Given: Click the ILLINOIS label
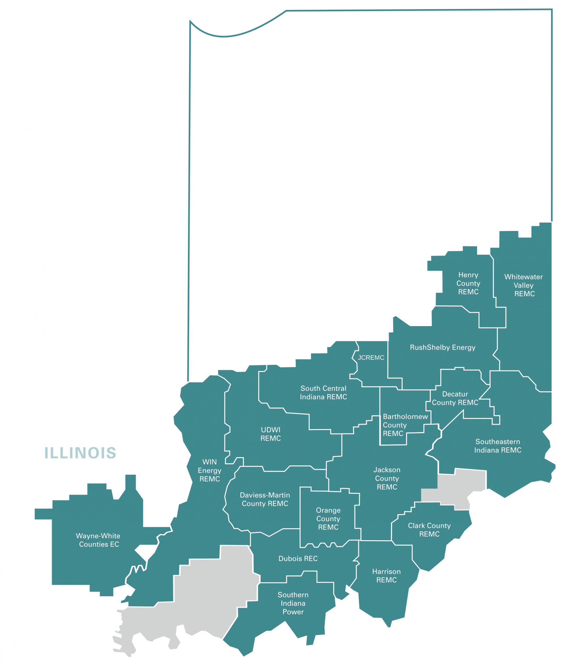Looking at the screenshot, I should (x=80, y=453).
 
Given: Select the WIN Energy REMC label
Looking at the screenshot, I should (x=210, y=470).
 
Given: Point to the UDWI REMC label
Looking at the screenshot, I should (x=270, y=434).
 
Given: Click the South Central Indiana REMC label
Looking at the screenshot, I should (x=323, y=392).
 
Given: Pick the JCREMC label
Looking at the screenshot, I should (x=371, y=358).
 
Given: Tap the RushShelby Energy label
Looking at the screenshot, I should (x=442, y=348).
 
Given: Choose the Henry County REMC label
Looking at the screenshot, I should (x=468, y=283).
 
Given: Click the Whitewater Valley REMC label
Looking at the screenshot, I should (x=523, y=285).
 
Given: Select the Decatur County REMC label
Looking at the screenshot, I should (x=455, y=398).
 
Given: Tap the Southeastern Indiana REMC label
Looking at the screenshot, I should (x=498, y=446).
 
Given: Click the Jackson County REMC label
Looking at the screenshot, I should (x=387, y=479).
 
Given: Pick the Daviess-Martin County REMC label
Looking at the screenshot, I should (x=265, y=499).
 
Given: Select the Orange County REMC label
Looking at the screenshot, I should (x=328, y=519).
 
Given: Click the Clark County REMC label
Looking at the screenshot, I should (x=429, y=530).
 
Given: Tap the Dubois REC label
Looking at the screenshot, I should (x=298, y=558).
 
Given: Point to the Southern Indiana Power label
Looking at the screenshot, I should (x=293, y=603).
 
